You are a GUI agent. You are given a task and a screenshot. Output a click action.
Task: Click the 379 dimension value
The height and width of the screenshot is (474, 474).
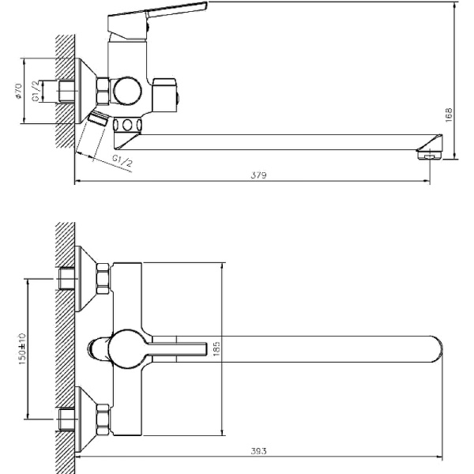tap(259, 175)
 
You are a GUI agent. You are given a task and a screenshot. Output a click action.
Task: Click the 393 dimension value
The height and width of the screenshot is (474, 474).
tap(259, 451)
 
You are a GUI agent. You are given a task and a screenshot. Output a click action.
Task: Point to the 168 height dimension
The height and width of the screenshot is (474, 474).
tap(449, 115)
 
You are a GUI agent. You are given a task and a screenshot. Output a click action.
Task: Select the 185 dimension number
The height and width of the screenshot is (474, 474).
tap(216, 349)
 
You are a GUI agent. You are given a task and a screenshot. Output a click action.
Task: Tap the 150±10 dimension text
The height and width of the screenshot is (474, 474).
tap(22, 349)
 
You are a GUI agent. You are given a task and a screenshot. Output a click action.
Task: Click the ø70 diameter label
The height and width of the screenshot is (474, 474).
tap(18, 91)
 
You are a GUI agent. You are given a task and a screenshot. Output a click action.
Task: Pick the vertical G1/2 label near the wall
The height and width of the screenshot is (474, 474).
tap(36, 92)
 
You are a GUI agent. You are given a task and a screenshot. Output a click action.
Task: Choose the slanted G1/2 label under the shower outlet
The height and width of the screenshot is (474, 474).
tap(122, 161)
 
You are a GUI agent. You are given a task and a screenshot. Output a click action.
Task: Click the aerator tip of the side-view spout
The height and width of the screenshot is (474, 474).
tap(429, 156)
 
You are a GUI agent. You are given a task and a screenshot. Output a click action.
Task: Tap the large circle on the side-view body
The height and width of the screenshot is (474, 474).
tap(127, 92)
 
